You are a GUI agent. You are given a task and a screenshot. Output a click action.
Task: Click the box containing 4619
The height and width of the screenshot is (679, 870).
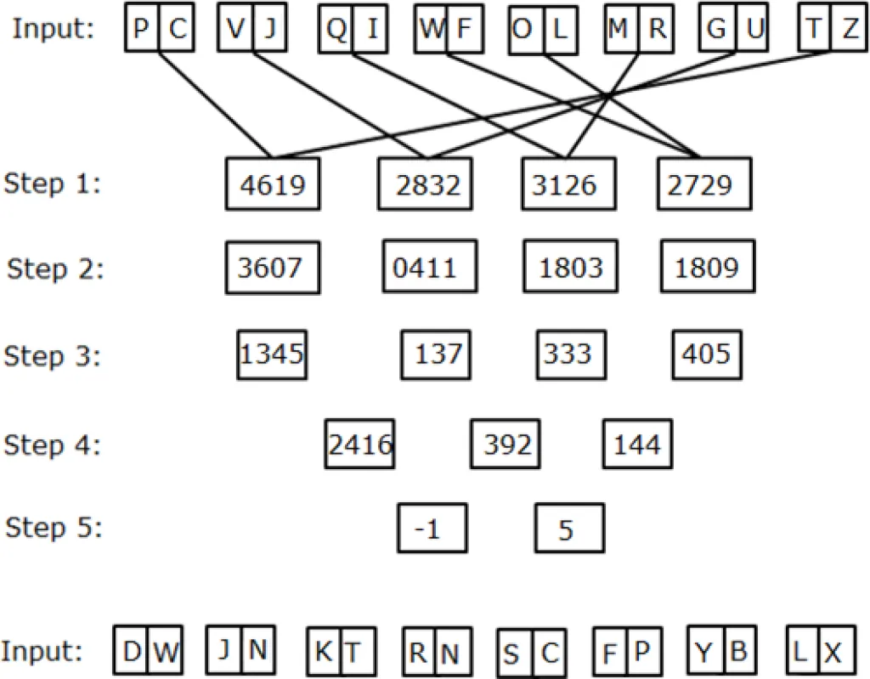coord(272,184)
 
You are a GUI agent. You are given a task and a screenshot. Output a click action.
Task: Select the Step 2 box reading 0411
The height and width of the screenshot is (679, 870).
coord(425,269)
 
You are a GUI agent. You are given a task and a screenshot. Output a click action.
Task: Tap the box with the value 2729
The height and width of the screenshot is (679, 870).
coord(703,184)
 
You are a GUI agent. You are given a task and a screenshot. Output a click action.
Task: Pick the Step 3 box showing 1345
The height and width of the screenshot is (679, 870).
coord(272,354)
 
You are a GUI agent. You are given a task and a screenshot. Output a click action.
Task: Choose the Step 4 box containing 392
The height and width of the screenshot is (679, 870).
coord(506,444)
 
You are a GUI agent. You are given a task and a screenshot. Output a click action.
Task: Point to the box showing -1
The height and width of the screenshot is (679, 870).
coord(432,529)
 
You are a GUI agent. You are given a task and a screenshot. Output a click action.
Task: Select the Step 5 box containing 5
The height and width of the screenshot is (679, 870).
coord(568,529)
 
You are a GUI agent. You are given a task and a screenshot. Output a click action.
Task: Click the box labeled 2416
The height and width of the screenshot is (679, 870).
coord(359,444)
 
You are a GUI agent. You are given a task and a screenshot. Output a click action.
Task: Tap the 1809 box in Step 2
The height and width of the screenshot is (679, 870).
coord(706,269)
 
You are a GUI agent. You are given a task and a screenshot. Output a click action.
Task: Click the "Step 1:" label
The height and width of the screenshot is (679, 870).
coord(53,184)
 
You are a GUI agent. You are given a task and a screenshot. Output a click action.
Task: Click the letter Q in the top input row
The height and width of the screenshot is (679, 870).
coord(336,31)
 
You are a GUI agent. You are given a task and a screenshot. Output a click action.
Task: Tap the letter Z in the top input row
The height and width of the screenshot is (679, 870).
coord(850,31)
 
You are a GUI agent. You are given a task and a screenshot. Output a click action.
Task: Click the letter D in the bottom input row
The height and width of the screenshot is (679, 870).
coord(133,653)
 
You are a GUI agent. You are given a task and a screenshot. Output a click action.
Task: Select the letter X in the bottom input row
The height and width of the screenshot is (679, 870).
coord(833,653)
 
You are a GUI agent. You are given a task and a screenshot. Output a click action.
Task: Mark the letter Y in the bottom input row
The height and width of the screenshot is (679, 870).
coord(703,653)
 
